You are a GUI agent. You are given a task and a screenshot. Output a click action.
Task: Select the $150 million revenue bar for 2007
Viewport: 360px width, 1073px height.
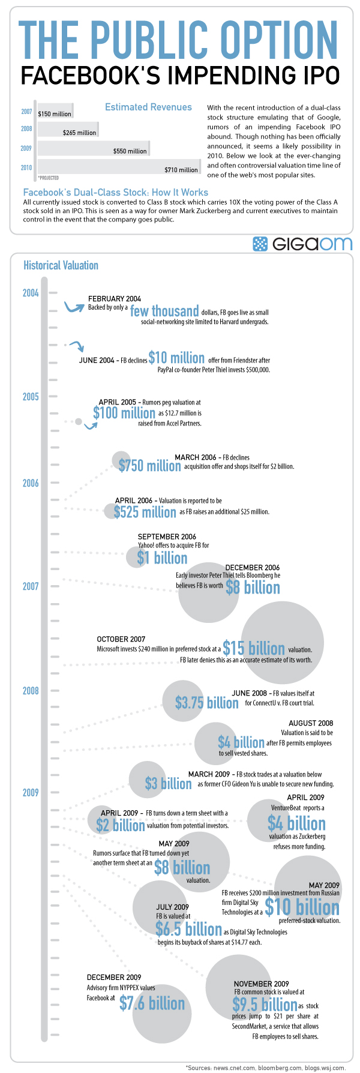pyautogui.click(x=55, y=111)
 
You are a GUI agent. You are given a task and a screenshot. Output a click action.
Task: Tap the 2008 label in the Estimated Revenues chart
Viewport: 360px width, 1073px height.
pyautogui.click(x=26, y=128)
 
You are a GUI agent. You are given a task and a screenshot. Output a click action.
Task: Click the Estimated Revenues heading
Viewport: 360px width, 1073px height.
pyautogui.click(x=148, y=107)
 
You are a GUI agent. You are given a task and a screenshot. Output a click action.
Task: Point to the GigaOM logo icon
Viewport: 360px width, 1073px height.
pyautogui.click(x=260, y=244)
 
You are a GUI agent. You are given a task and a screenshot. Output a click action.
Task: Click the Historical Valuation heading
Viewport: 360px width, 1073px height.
pyautogui.click(x=61, y=265)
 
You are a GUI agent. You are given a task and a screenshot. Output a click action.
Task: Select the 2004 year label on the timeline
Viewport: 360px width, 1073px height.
pyautogui.click(x=31, y=293)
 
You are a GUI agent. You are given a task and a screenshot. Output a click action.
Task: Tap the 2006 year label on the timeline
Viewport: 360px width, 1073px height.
pyautogui.click(x=31, y=483)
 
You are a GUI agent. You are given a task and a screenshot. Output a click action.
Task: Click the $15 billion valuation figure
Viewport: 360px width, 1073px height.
pyautogui.click(x=254, y=648)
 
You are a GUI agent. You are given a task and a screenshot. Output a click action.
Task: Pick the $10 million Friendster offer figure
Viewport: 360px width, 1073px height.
pyautogui.click(x=176, y=358)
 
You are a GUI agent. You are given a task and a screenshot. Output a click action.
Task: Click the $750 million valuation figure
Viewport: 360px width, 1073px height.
pyautogui.click(x=149, y=466)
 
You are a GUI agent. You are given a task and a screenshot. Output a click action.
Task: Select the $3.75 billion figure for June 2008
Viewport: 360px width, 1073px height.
pyautogui.click(x=206, y=702)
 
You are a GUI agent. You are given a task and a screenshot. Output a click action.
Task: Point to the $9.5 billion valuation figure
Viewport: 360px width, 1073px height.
pyautogui.click(x=265, y=1005)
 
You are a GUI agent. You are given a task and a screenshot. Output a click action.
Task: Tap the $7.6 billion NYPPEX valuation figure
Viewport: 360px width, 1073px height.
pyautogui.click(x=152, y=1003)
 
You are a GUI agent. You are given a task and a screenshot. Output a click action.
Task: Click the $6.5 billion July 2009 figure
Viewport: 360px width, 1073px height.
pyautogui.click(x=188, y=930)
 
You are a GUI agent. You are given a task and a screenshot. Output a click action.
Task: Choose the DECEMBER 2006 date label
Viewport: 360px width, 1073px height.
pyautogui.click(x=252, y=567)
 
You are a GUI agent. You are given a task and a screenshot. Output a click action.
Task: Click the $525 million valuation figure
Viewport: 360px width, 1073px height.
pyautogui.click(x=145, y=512)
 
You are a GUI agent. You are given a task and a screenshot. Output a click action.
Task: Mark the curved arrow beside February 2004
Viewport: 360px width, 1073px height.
pyautogui.click(x=74, y=307)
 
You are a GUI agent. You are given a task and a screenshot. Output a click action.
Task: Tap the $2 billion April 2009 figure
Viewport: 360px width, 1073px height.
pyautogui.click(x=120, y=825)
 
